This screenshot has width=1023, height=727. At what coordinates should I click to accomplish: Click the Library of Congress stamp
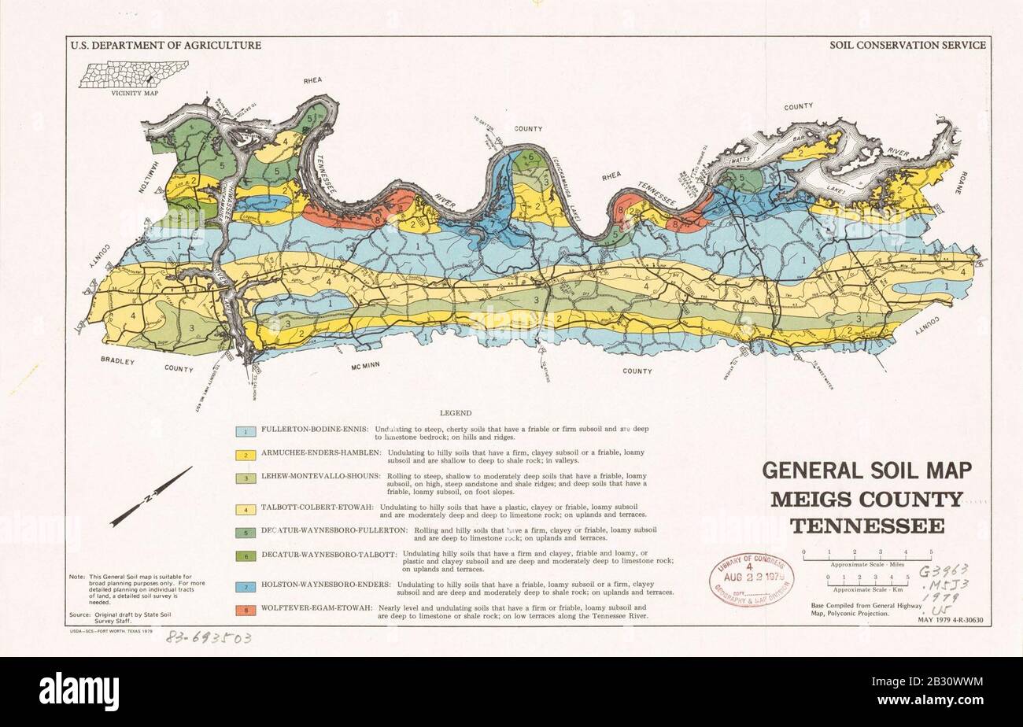pos(751,580)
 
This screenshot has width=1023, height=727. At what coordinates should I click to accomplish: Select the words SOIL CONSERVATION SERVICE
pos(907,46)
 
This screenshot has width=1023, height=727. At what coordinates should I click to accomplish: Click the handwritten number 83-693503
pos(208,639)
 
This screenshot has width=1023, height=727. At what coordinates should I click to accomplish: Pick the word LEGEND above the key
pos(456,412)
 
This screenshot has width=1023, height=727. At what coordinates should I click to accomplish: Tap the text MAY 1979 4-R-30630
pos(955,621)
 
